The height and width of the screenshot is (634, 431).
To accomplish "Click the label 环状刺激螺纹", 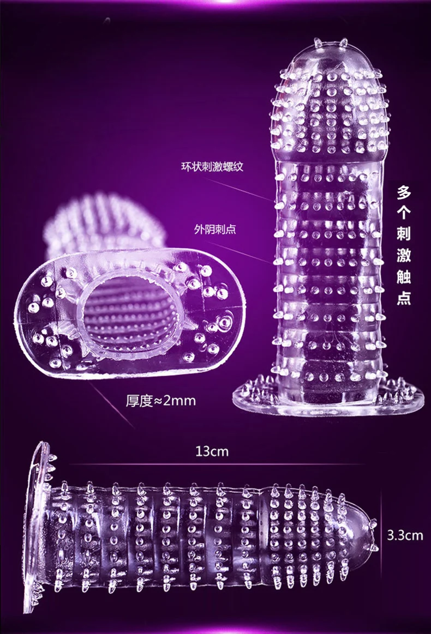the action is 212,166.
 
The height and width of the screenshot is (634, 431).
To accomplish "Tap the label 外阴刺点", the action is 215,229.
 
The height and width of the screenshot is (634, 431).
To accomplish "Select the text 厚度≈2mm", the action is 160,401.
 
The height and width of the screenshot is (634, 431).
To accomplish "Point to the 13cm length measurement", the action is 212,451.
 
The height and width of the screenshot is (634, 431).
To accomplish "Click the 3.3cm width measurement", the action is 405,535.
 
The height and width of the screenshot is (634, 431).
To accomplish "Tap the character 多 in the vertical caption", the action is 404,192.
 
